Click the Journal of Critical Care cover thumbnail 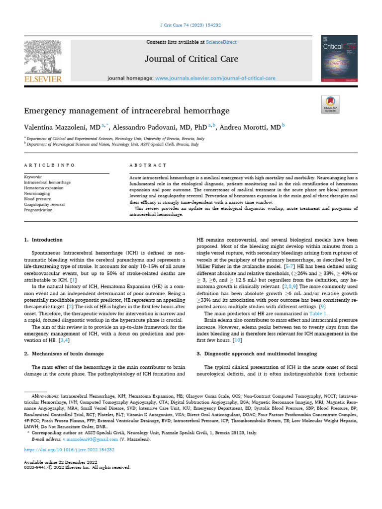tap(340, 58)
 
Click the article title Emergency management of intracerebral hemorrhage tap(127, 110)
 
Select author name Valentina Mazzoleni tap(58, 127)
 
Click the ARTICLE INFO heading tap(50, 165)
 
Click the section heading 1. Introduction tap(44, 240)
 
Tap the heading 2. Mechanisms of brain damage tap(64, 353)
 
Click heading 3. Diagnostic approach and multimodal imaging tap(257, 353)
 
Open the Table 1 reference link tap(318, 314)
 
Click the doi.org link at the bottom tap(70, 449)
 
